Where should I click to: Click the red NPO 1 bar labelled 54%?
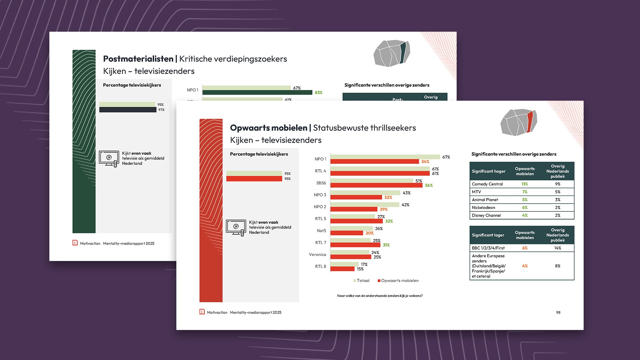[x=374, y=161]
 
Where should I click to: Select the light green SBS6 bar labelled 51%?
[x=372, y=181]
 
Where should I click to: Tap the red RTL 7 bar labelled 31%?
[x=355, y=245]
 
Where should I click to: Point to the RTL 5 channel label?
[x=320, y=219]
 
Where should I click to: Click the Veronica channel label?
[x=317, y=255]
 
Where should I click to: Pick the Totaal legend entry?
[x=361, y=281]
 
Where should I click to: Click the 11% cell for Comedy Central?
[x=525, y=184]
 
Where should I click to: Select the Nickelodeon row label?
[x=483, y=207]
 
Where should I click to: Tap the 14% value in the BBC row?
[x=558, y=248]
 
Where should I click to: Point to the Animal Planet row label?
[x=485, y=200]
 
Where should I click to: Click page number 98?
[x=558, y=312]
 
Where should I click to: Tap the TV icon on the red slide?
[x=236, y=227]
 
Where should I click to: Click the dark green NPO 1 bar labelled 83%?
[x=257, y=92]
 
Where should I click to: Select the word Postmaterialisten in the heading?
[x=138, y=59]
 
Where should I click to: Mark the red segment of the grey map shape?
[x=530, y=121]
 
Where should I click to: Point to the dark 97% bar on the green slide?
[x=128, y=110]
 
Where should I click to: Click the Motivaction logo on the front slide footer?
[x=202, y=312]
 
